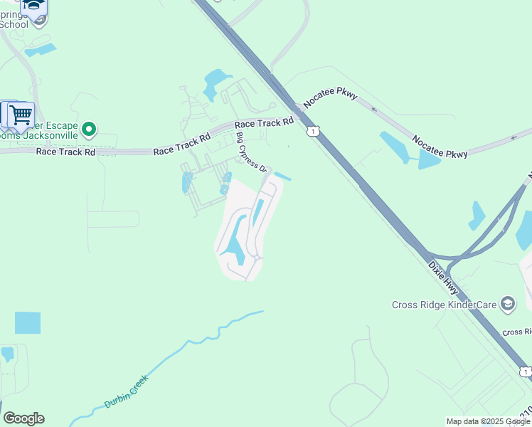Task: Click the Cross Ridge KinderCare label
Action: point(445,305)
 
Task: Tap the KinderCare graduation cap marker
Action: point(508,305)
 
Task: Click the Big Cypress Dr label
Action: point(252,153)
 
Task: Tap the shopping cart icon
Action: point(21,113)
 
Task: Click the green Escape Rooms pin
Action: point(89,130)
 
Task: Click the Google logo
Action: point(23,418)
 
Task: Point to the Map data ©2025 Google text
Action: point(488,421)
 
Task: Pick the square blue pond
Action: point(28,322)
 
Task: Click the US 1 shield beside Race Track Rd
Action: point(313,131)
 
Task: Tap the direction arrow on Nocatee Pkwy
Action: point(374,110)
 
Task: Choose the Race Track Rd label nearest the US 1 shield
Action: point(264,123)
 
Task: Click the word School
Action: point(14,24)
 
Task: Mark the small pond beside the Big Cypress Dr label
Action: point(282,176)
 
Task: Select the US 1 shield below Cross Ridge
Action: point(525,371)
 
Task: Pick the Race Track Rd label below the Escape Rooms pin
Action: point(65,152)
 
